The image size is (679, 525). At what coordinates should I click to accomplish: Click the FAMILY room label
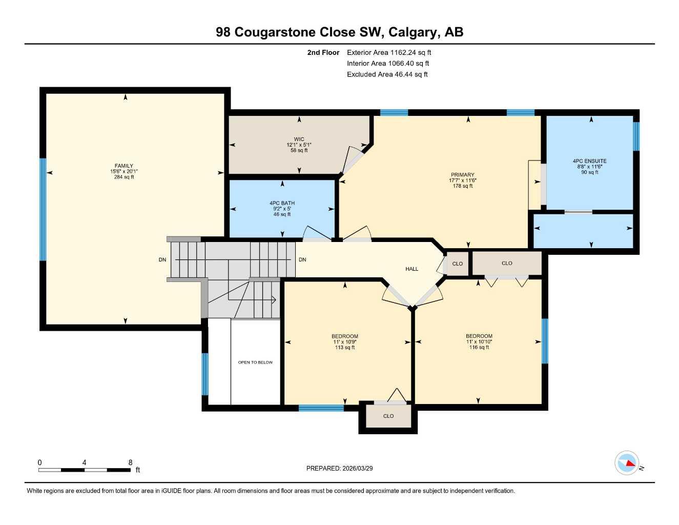(124, 166)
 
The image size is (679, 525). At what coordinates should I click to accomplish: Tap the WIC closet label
(299, 139)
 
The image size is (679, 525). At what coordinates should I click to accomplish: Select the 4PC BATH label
(282, 203)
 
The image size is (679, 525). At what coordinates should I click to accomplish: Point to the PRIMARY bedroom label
(462, 175)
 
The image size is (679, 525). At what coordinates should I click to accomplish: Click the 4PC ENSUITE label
(589, 161)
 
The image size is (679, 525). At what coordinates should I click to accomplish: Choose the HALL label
(411, 269)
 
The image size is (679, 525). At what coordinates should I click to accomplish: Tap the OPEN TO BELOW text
(255, 362)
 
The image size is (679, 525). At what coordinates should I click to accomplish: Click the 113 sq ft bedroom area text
(345, 348)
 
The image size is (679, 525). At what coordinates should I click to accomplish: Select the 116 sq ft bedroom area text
(479, 348)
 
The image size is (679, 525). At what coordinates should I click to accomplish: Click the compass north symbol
(627, 463)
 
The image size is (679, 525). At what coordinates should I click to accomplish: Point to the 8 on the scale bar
(130, 462)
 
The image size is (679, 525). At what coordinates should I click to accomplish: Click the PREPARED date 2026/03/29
(339, 468)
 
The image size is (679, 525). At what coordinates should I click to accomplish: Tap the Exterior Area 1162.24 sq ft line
(389, 52)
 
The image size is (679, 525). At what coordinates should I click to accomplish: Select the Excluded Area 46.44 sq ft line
(387, 74)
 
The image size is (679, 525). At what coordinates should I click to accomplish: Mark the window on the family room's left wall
(43, 209)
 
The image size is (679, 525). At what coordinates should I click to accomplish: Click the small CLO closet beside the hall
(457, 264)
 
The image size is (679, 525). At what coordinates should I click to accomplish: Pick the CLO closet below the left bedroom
(388, 416)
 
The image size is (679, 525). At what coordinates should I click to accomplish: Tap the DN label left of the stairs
(162, 260)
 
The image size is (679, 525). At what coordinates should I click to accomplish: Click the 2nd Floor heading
(323, 52)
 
